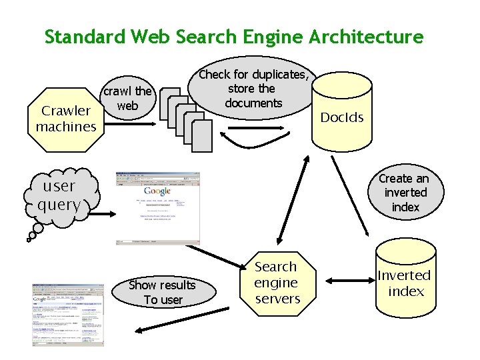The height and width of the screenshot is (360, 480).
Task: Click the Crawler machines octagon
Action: coord(66,118)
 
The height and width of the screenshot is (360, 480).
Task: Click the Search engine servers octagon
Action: coord(277,283)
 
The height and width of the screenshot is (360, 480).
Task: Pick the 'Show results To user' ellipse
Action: coord(163,292)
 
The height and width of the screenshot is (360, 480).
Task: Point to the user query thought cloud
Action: coord(60,195)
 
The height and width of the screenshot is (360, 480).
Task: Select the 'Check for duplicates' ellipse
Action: coord(253,89)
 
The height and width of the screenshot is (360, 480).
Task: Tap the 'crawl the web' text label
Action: coord(127,98)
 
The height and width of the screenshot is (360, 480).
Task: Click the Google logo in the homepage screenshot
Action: coord(157,191)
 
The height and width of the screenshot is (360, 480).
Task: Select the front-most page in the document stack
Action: coord(201,136)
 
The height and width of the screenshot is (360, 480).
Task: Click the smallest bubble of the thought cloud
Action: coord(31,235)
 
